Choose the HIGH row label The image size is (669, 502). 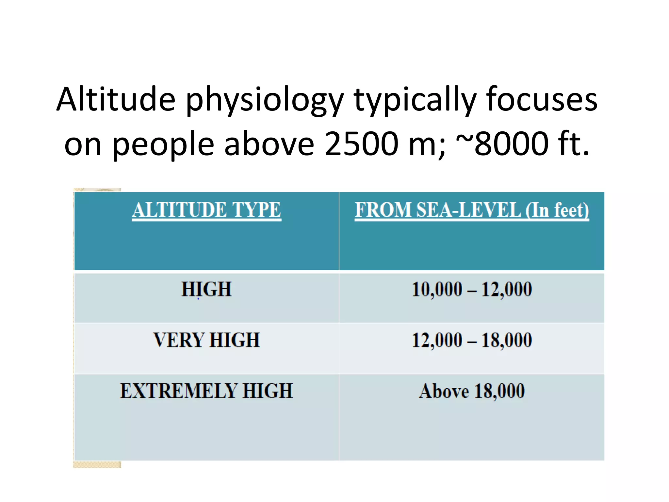click(206, 289)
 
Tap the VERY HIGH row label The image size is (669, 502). click(206, 340)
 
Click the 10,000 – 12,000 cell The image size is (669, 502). click(472, 289)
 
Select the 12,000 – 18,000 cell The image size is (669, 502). click(472, 340)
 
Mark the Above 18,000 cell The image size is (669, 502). click(472, 391)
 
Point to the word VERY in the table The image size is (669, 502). click(179, 340)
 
